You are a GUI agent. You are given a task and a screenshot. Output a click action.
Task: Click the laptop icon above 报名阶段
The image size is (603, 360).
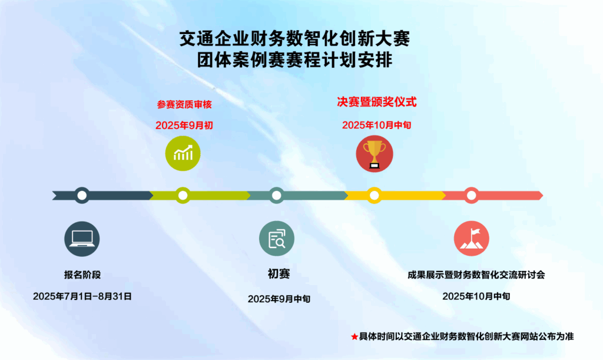coord(82,239)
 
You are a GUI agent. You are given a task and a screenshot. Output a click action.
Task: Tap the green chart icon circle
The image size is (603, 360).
coord(183,153)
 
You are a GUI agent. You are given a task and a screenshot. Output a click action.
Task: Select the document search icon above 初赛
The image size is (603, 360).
coord(277,239)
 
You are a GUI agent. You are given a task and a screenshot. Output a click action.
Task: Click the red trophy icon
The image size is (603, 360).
coord(374,153)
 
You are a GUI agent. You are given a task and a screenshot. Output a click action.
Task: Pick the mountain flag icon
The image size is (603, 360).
coord(472,239)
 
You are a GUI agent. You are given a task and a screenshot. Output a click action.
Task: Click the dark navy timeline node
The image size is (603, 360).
coord(82,196)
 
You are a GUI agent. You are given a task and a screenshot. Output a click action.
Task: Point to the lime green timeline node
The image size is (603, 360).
coord(183,196)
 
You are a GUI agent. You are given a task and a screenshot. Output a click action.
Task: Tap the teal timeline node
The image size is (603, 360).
coord(277,196)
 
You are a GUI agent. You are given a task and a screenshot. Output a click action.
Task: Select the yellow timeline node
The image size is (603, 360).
coord(374,196)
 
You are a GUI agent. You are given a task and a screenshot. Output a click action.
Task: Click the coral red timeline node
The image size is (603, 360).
coord(472,196)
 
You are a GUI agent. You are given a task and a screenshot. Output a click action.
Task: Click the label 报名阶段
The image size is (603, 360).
coord(82,275)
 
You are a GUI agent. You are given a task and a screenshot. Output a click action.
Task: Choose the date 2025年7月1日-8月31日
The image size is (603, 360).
coord(82,296)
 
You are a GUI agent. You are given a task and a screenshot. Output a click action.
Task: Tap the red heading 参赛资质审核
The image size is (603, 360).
coord(184,104)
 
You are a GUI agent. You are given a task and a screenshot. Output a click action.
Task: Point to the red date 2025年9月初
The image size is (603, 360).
coord(184,125)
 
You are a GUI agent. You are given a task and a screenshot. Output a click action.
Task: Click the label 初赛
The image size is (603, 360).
coord(279,273)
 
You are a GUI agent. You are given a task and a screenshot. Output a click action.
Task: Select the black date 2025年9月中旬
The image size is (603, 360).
coord(279,299)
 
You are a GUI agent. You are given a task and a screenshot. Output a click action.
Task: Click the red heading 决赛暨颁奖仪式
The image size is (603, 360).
coord(377,102)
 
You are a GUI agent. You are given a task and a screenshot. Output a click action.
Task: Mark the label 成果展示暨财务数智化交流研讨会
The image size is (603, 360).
coord(476,275)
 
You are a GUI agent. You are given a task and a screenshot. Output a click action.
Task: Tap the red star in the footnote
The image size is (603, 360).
coord(354,337)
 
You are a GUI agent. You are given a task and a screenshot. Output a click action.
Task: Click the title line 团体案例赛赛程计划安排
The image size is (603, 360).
coord(295,60)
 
